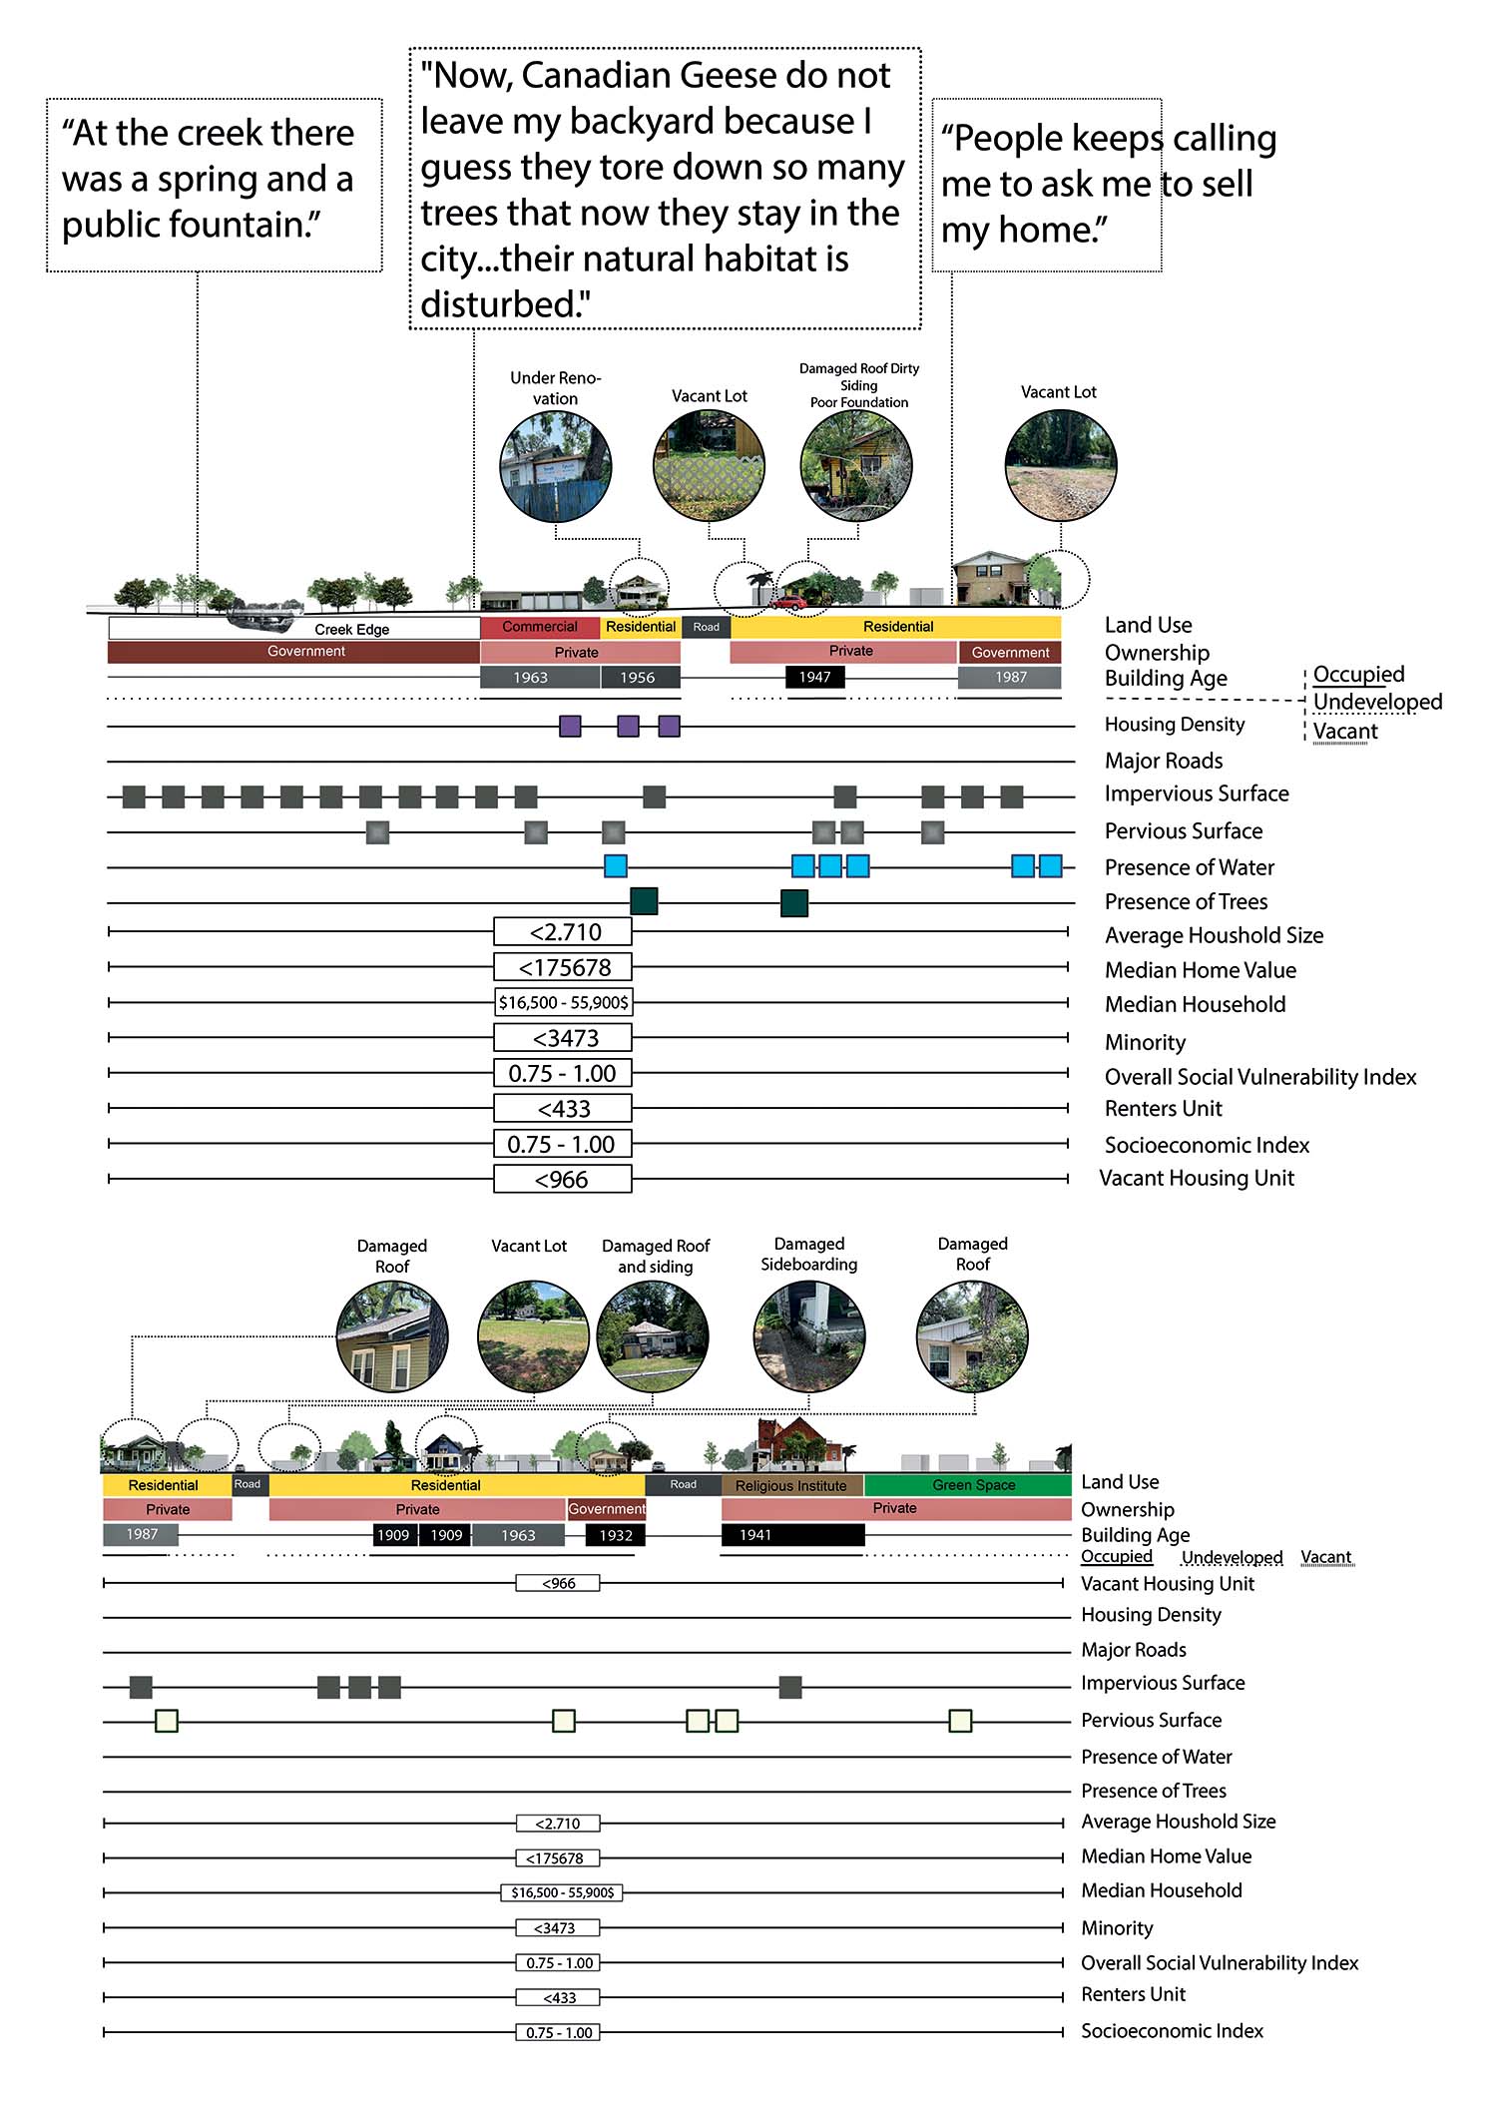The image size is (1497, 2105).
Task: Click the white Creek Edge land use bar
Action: pyautogui.click(x=293, y=628)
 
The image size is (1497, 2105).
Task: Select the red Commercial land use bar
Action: pyautogui.click(x=540, y=627)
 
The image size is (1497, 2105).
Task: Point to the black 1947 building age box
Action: pyautogui.click(x=814, y=677)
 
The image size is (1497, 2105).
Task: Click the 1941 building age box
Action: pyautogui.click(x=792, y=1534)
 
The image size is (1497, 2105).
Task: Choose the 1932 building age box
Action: pyautogui.click(x=616, y=1535)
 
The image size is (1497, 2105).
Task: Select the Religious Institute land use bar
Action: pyautogui.click(x=792, y=1485)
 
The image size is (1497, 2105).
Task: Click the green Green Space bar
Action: pyautogui.click(x=968, y=1484)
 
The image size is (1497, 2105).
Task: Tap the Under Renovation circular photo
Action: pyautogui.click(x=555, y=466)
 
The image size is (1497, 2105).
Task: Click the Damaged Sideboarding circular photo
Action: pyautogui.click(x=808, y=1336)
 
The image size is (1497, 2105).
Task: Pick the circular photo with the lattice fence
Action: pyautogui.click(x=709, y=465)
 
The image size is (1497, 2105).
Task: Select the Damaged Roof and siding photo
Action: pyautogui.click(x=653, y=1337)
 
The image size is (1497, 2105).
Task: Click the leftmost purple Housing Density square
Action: pyautogui.click(x=570, y=726)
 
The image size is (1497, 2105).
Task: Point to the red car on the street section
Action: pyautogui.click(x=788, y=602)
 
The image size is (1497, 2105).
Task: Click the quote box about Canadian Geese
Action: pyautogui.click(x=665, y=189)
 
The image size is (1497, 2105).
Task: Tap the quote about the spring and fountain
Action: pyautogui.click(x=215, y=185)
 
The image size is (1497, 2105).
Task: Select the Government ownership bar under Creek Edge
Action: pyautogui.click(x=293, y=652)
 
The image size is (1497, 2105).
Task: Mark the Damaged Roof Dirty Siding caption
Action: pyautogui.click(x=859, y=384)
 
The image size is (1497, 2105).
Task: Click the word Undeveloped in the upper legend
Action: pyautogui.click(x=1377, y=702)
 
